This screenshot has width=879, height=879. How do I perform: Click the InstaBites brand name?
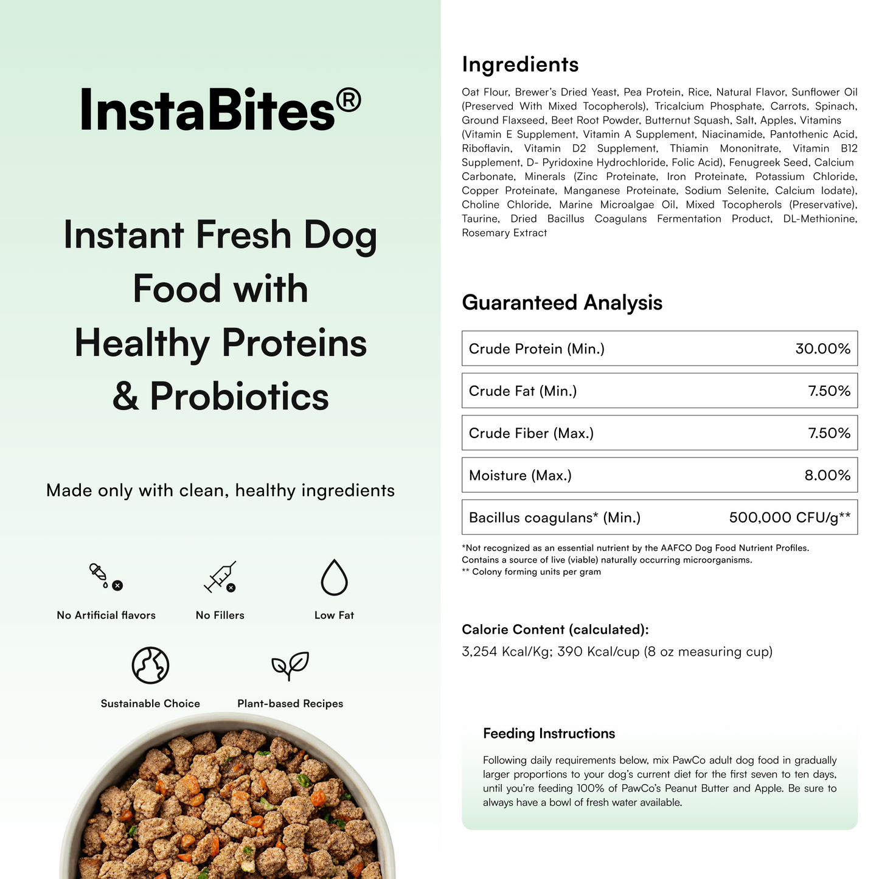pos(207,109)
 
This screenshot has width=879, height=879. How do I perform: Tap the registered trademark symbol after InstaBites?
pos(348,99)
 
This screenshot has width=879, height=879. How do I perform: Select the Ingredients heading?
pos(520,64)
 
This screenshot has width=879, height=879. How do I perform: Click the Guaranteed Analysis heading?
pos(562,302)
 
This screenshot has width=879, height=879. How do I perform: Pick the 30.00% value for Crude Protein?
pos(822,349)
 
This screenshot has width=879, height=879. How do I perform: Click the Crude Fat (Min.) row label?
pos(523,391)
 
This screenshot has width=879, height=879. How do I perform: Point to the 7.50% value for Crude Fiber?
pos(829,433)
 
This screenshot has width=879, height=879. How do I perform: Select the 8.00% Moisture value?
pos(827,475)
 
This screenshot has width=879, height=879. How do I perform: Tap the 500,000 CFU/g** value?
pos(790,518)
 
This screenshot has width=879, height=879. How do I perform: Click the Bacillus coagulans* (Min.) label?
pos(554,518)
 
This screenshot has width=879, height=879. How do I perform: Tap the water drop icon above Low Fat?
pos(334,577)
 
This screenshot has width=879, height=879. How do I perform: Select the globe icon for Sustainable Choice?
pos(150,665)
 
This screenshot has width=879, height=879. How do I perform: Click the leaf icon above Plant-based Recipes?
pos(290,665)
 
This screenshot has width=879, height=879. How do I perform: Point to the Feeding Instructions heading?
pos(549,734)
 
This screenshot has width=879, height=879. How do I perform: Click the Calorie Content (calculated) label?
pos(555,630)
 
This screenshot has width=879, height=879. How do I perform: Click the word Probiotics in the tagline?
pos(239,397)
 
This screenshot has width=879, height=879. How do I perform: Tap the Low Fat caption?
pos(334,616)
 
